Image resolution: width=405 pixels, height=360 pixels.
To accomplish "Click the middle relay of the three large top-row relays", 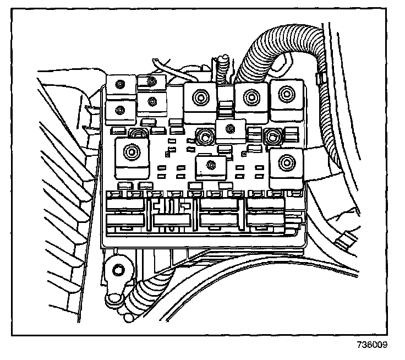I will click(251, 101).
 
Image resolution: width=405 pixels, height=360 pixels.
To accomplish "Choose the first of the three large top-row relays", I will click(200, 102).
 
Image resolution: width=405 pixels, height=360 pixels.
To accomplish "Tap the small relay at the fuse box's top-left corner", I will click(119, 85).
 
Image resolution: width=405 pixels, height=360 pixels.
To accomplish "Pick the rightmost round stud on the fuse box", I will click(271, 136).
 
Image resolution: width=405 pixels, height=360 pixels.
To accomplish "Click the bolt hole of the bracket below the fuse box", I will click(117, 270).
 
